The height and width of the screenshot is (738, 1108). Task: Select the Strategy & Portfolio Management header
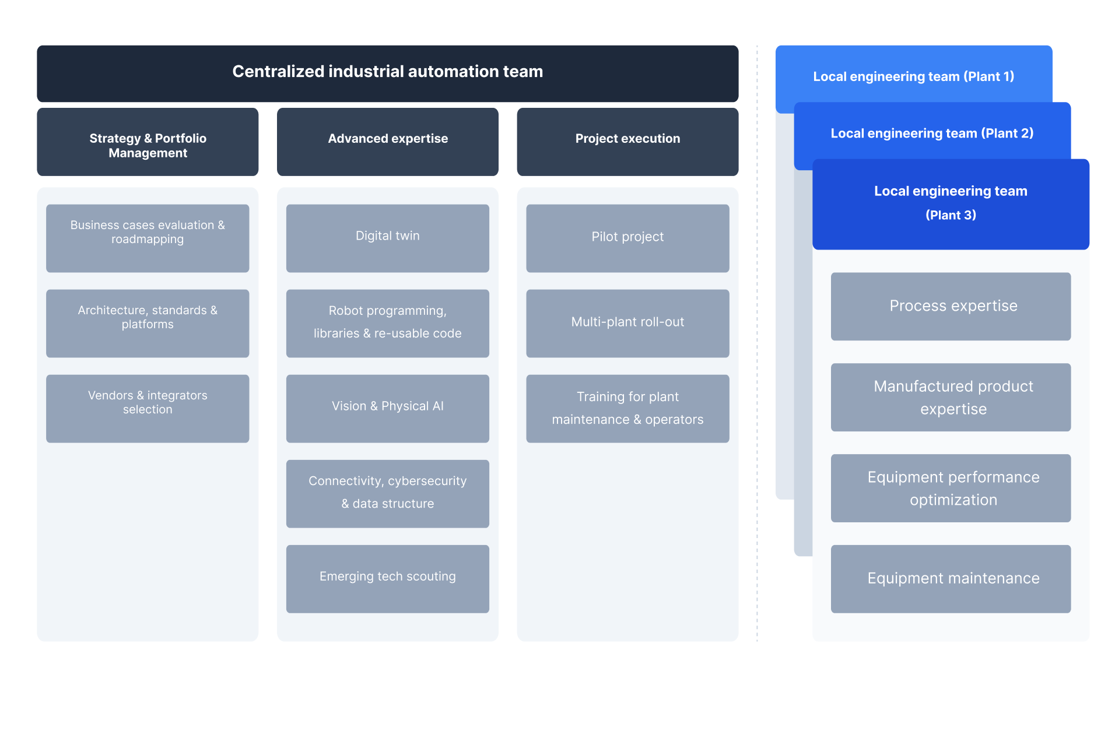pyautogui.click(x=148, y=142)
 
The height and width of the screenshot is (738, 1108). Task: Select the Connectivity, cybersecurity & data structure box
pyautogui.click(x=387, y=493)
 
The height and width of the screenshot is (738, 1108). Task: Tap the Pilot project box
pyautogui.click(x=627, y=237)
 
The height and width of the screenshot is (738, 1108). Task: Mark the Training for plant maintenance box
pyautogui.click(x=627, y=408)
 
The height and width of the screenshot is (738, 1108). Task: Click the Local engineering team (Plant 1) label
pyautogui.click(x=913, y=76)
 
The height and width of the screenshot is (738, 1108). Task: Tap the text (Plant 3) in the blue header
pyautogui.click(x=951, y=215)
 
